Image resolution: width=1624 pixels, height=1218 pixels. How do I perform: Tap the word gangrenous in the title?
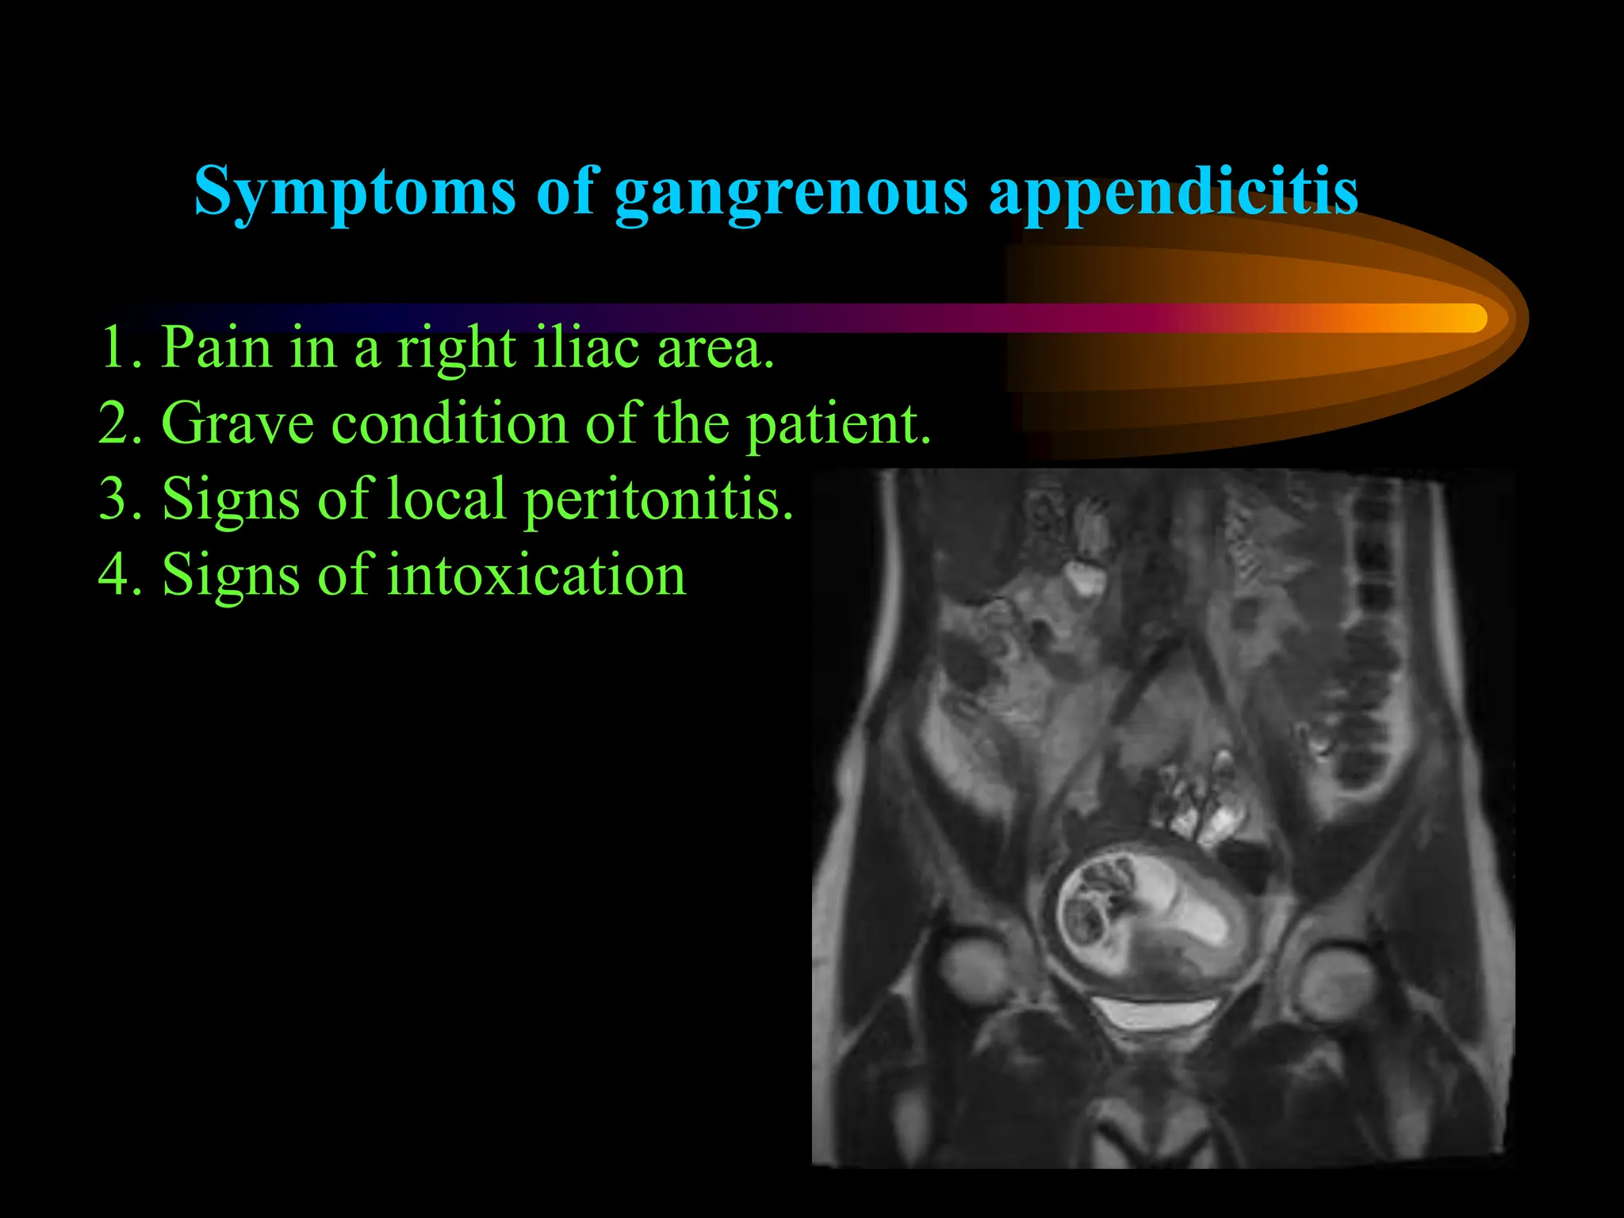791,193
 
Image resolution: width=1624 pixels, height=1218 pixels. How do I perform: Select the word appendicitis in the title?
1174,193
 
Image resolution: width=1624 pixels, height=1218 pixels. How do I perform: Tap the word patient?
838,425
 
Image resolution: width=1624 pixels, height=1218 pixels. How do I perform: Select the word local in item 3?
446,499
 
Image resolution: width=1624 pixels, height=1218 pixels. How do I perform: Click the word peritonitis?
658,500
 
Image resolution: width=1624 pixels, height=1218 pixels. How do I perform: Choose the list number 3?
119,499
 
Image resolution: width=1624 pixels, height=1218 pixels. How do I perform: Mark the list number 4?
119,574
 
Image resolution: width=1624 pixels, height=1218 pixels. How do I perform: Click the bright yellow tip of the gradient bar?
1467,318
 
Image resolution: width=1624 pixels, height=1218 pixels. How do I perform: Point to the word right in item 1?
456,349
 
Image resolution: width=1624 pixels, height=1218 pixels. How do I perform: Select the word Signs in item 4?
231,576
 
